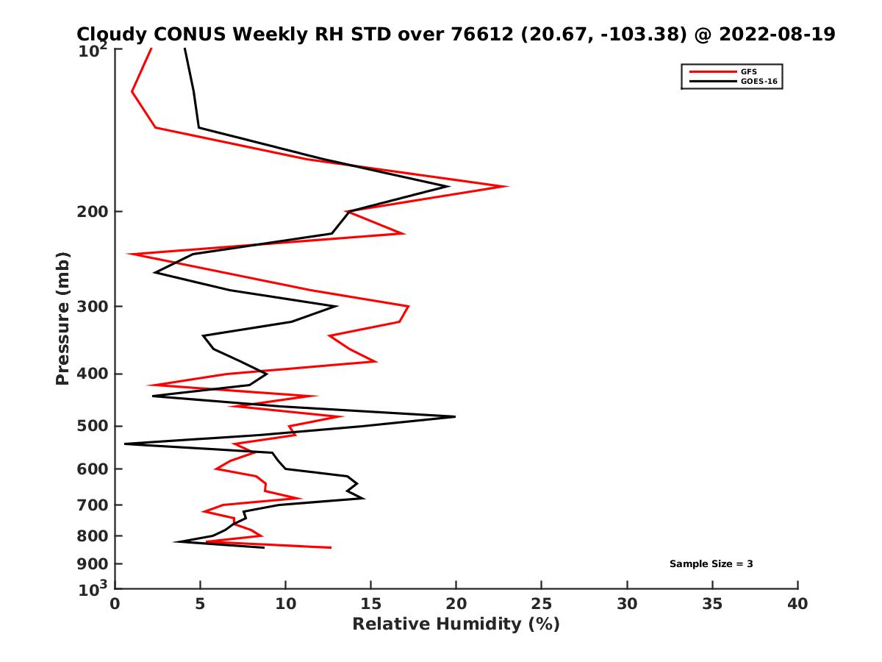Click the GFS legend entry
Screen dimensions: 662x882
coord(749,71)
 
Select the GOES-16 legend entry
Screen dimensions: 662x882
coord(759,82)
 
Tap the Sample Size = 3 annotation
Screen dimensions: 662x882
coord(711,563)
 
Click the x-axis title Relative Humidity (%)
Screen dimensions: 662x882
coord(456,624)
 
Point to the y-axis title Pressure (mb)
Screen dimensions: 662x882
coord(62,318)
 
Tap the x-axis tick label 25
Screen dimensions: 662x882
coord(542,604)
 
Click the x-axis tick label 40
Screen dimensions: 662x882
coord(797,604)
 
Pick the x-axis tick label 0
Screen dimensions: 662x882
coord(115,604)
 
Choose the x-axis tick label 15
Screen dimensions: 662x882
coord(371,604)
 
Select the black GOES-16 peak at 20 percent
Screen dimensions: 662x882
coord(455,417)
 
